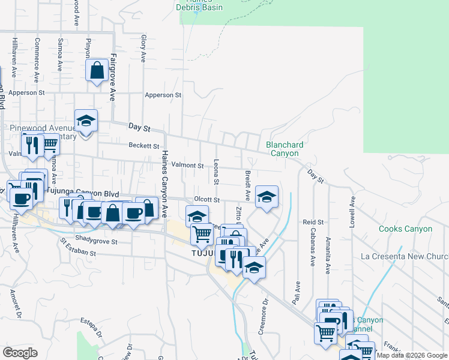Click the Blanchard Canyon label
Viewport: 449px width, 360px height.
pos(285,149)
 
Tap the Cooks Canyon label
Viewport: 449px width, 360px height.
pos(405,229)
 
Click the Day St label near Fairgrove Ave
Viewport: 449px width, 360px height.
pos(139,127)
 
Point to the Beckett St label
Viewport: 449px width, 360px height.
pos(143,145)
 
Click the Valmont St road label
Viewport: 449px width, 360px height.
pos(187,165)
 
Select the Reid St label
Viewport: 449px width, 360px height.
pos(313,222)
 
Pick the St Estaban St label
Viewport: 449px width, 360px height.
pos(77,247)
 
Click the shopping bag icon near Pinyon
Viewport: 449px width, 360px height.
pos(97,71)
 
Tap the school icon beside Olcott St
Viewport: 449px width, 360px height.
pos(267,196)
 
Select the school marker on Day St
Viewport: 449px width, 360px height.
pos(86,121)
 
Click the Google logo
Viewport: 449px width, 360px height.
pos(20,353)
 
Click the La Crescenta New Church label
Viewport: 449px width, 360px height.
pos(405,256)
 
